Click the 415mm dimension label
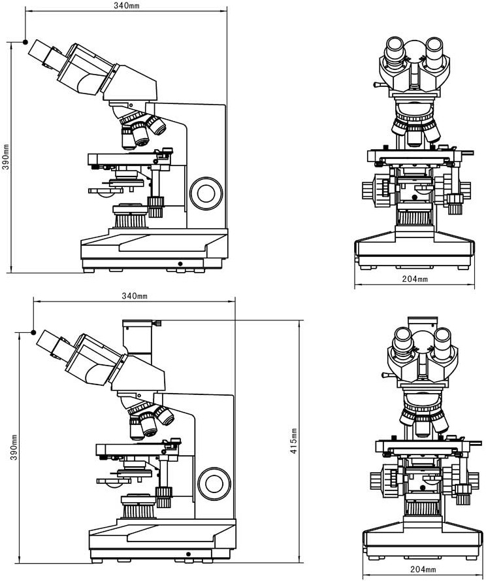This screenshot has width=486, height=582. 293,441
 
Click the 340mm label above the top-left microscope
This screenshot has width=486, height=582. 127,6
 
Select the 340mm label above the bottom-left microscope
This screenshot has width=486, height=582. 135,296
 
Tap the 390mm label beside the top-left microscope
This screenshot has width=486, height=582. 6,157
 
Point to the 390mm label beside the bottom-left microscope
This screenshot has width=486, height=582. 14,447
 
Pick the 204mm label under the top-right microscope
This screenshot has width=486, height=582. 415,279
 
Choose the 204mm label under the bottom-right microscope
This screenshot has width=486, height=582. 423,569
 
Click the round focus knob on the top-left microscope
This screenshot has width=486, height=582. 206,193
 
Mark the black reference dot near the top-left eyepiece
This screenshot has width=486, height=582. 25,42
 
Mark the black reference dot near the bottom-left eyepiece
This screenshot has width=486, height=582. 33,332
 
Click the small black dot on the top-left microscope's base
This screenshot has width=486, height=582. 180,264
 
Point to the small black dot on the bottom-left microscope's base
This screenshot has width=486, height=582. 188,554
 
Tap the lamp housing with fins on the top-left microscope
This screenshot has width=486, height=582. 131,216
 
